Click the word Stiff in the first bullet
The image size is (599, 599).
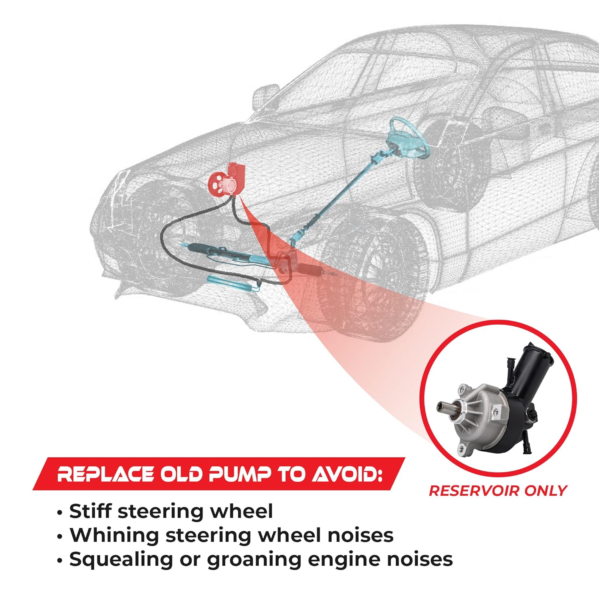pos(90,511)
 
